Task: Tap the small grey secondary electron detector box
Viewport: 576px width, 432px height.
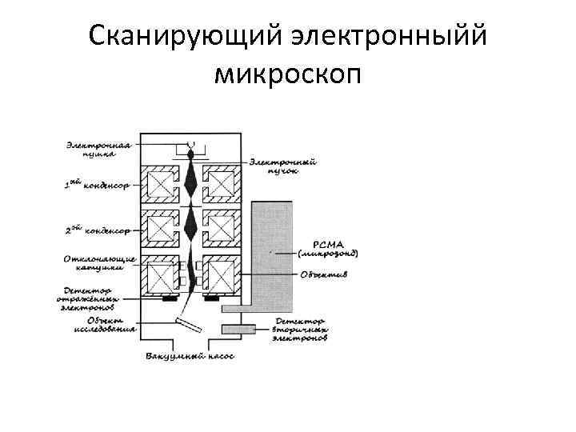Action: click(x=238, y=329)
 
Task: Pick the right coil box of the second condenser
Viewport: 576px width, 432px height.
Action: click(x=220, y=230)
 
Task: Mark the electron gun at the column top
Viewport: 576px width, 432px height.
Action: click(x=192, y=148)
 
